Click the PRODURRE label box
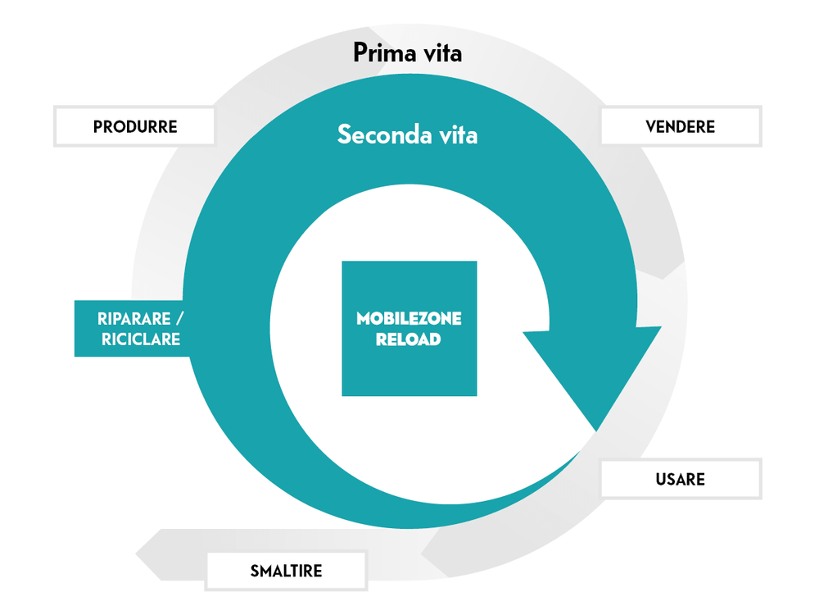134,126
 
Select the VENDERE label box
681,126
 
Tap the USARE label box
681,479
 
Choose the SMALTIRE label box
286,571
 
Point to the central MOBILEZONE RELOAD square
409,328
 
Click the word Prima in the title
380,53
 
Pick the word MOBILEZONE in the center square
409,318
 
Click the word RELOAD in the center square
409,339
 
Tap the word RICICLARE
141,339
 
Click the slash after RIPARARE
179,318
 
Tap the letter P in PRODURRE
98,127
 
